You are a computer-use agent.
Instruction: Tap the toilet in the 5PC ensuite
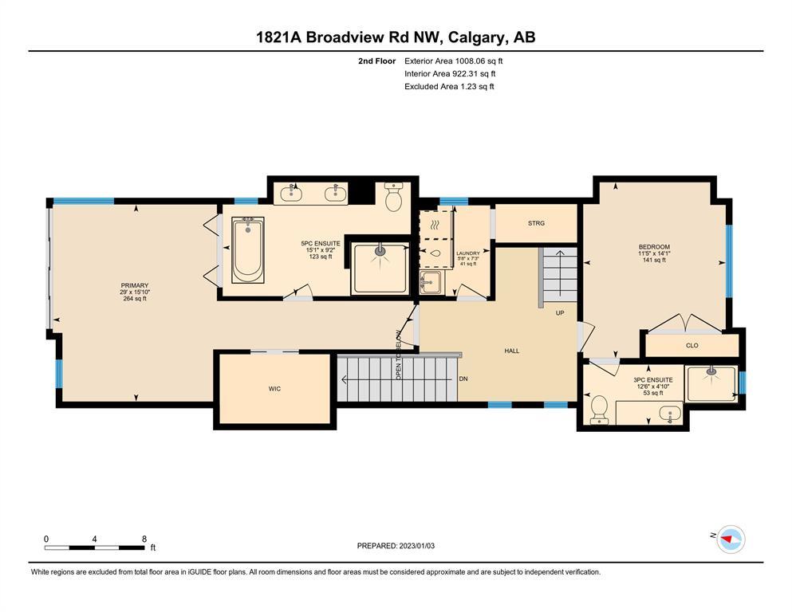(x=393, y=198)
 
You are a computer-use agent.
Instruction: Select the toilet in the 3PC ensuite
(x=599, y=409)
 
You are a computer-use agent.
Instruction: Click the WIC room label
(x=275, y=389)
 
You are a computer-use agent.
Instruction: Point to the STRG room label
(x=537, y=223)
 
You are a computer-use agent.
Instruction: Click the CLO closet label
(x=692, y=346)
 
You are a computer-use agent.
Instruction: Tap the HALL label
(x=512, y=351)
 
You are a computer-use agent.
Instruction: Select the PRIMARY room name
(x=134, y=285)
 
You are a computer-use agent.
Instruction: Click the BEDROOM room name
(x=654, y=247)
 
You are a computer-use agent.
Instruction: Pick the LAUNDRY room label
(x=468, y=253)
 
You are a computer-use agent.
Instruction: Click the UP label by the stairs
(x=560, y=313)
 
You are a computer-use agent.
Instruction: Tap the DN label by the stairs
(x=463, y=379)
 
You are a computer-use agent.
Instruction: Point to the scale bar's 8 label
(x=144, y=539)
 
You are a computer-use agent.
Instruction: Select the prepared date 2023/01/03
(x=416, y=546)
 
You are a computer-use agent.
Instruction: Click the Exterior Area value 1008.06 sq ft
(x=479, y=61)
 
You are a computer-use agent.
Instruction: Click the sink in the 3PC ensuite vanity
(x=670, y=414)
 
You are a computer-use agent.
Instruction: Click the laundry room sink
(x=431, y=281)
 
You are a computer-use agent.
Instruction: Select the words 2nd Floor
(x=376, y=61)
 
